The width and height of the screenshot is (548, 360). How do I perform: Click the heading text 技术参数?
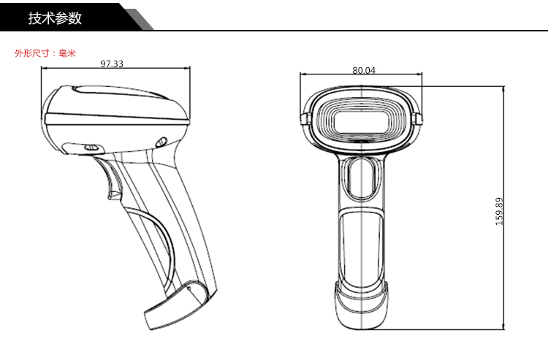(x=55, y=18)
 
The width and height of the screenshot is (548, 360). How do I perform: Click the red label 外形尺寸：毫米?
(x=45, y=53)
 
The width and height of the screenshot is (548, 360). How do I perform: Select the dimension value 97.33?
(x=112, y=64)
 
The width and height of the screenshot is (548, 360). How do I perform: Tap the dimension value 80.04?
(x=363, y=70)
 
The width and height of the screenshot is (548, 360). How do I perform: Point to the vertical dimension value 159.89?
(x=499, y=211)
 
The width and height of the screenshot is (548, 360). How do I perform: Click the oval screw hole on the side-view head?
(x=161, y=142)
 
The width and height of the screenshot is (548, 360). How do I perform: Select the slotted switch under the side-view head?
(x=91, y=148)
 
